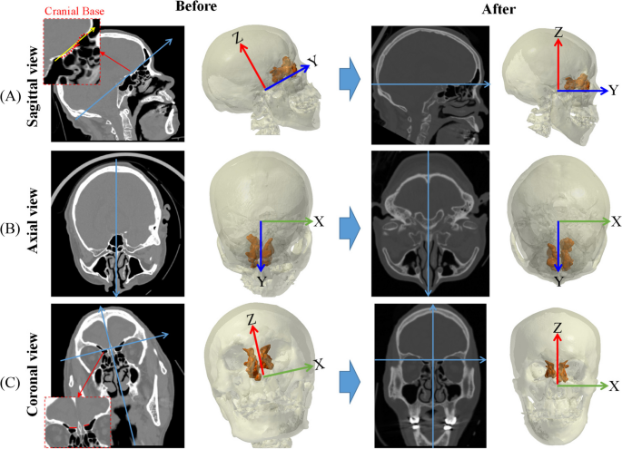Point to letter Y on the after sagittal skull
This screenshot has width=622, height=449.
click(614, 91)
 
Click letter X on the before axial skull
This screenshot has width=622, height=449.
click(318, 220)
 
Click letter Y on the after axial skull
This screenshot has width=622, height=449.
click(558, 283)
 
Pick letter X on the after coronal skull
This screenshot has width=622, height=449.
click(615, 386)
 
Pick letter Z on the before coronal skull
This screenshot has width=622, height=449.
click(249, 319)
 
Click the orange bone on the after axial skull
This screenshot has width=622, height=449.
click(556, 254)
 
